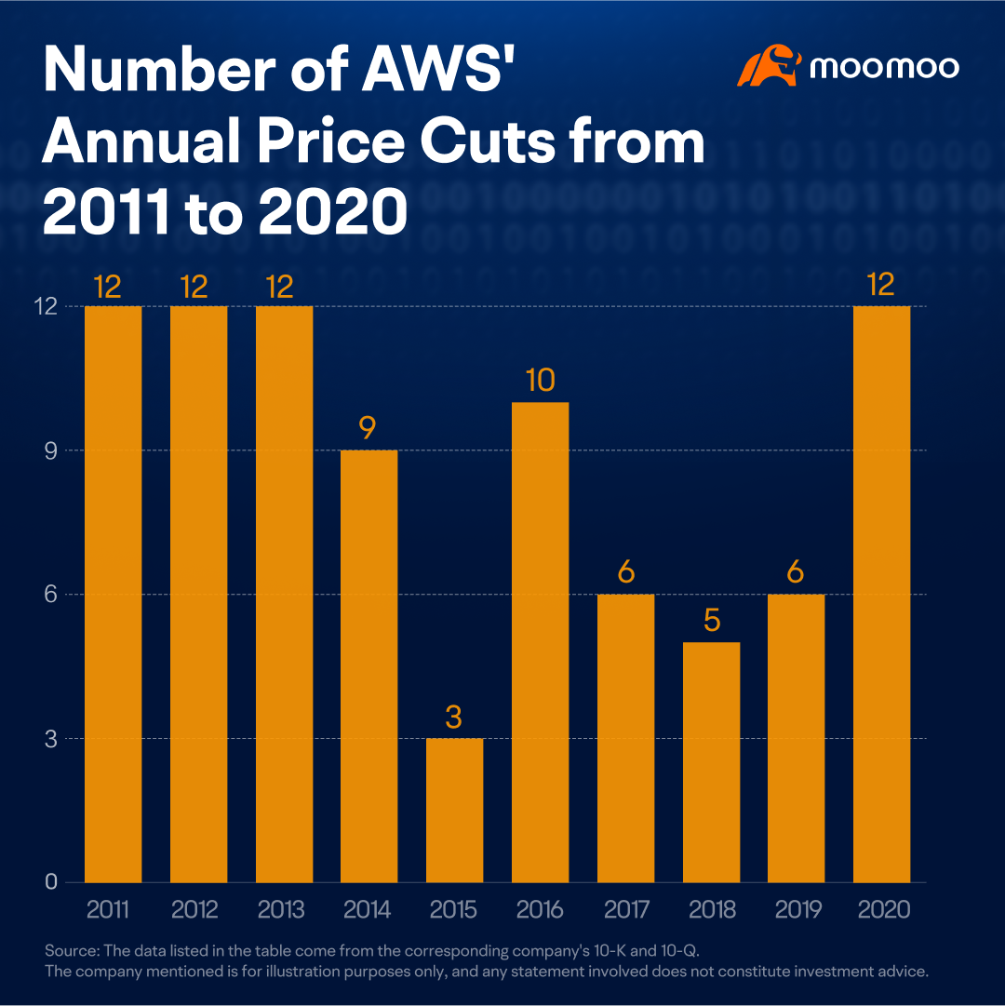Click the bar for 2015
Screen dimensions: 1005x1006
[454, 811]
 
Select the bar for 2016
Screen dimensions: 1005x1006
[540, 642]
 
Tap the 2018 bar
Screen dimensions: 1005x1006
[711, 762]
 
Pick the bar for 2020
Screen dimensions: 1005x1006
[882, 594]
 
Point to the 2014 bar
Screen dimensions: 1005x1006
[368, 666]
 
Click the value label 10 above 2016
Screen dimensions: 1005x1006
[540, 380]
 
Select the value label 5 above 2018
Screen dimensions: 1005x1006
[712, 621]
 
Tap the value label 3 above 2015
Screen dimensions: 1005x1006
[453, 717]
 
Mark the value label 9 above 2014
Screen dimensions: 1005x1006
[368, 428]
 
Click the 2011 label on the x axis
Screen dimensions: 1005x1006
[108, 909]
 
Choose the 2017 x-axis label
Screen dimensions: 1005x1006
[626, 909]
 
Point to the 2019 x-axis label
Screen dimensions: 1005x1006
[797, 909]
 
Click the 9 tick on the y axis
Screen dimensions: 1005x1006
[50, 450]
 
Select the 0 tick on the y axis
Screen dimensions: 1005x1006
[51, 882]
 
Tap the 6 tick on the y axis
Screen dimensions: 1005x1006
[50, 594]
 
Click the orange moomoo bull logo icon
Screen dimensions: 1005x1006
[769, 65]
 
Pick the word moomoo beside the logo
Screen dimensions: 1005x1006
[884, 67]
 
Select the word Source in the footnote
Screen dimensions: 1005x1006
[72, 950]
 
